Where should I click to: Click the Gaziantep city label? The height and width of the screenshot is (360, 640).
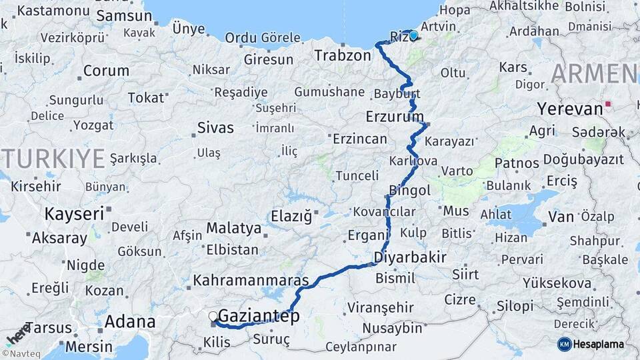(x=259, y=316)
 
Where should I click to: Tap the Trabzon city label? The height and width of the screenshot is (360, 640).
(x=343, y=55)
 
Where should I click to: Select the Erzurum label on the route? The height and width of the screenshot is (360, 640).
(x=395, y=117)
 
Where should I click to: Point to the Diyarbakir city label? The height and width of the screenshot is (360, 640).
(x=410, y=257)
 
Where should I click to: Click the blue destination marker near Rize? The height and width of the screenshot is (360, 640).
(x=413, y=35)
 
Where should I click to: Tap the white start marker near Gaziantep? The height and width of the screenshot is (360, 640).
(x=213, y=316)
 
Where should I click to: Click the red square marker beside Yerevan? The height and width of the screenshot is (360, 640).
(x=607, y=105)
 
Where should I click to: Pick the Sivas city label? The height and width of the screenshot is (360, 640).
(x=215, y=127)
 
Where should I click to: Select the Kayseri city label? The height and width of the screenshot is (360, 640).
(x=74, y=214)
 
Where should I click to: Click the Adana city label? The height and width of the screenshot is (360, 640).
(x=130, y=323)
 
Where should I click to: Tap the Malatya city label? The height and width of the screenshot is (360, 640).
(x=233, y=228)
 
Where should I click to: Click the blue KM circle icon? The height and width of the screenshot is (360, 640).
(x=564, y=344)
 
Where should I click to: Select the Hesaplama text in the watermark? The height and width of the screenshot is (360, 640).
(x=598, y=344)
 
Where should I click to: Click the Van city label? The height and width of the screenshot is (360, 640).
(x=561, y=217)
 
